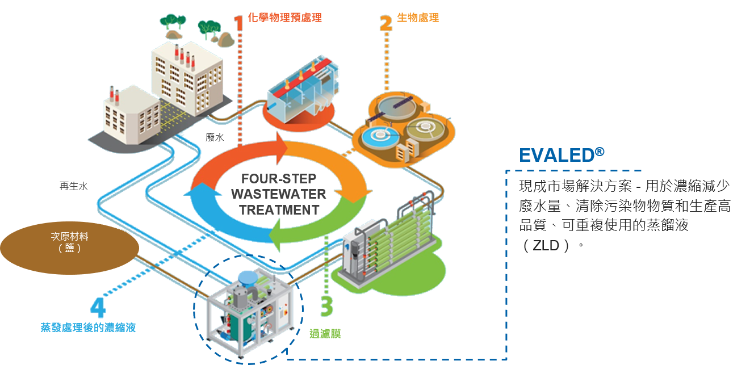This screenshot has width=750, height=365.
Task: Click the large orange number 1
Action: coord(237,21)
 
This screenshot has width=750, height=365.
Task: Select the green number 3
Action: coord(326,307)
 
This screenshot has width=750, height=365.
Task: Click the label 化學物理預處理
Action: coord(285,18)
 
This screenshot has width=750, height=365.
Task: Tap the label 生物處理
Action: coord(418,18)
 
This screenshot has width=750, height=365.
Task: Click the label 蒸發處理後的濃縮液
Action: coord(88,328)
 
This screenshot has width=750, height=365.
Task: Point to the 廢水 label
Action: coord(215,137)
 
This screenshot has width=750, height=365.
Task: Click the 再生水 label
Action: coord(73,186)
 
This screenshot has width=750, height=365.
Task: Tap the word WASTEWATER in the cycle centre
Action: coord(278,194)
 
